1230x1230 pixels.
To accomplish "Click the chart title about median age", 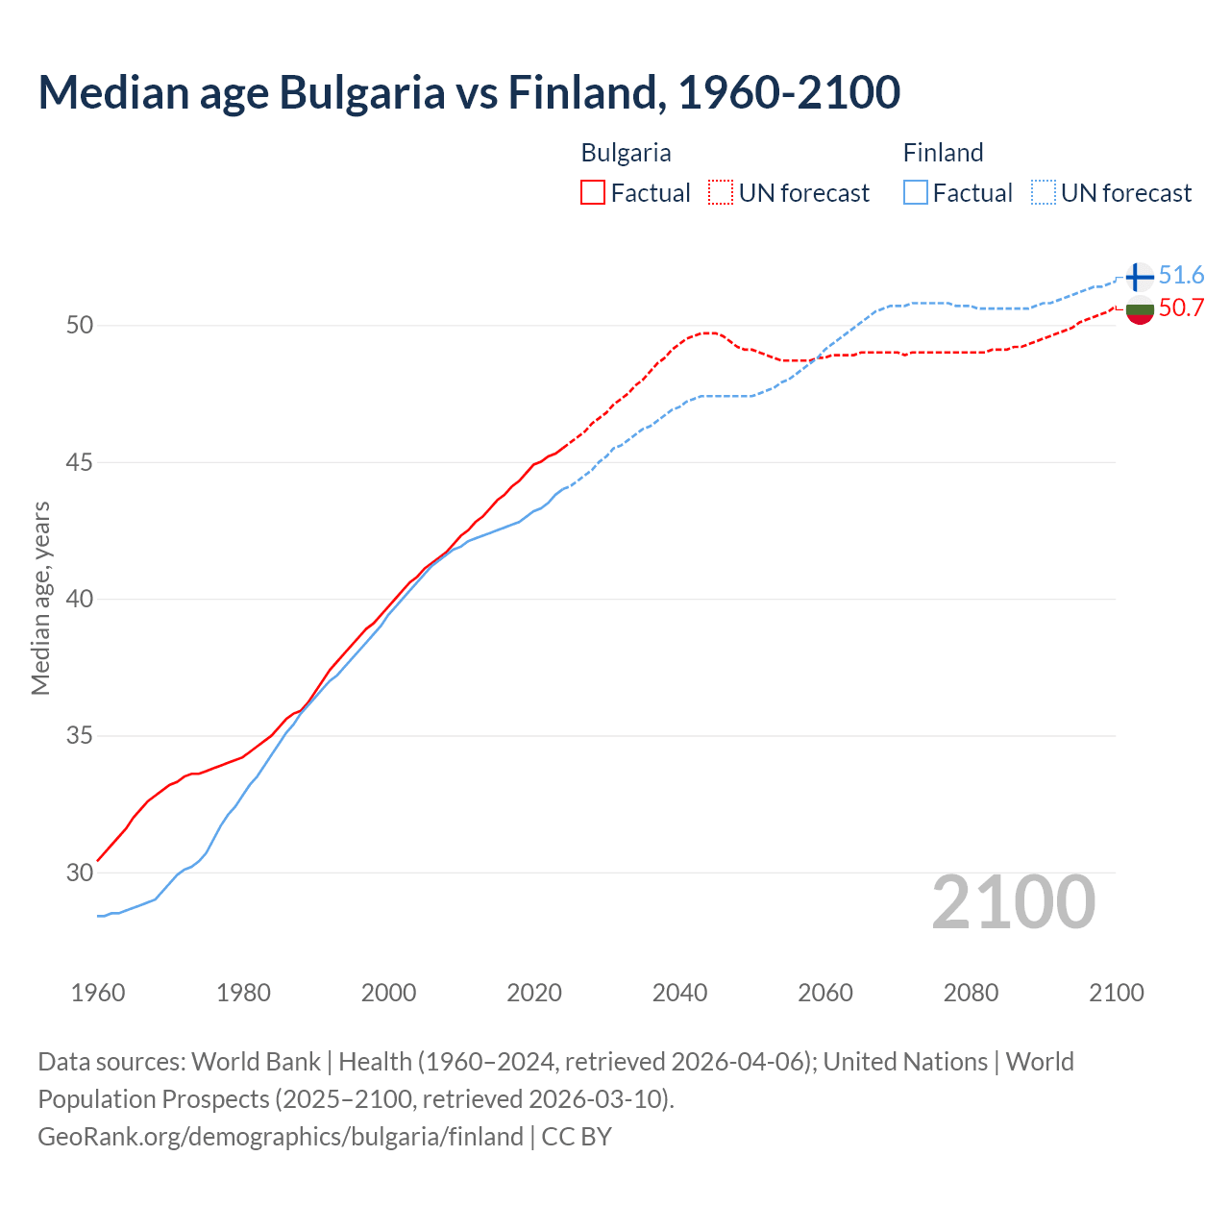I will pyautogui.click(x=469, y=93).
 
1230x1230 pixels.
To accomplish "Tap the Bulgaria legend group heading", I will pyautogui.click(x=626, y=153).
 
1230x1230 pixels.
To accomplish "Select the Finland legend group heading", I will pyautogui.click(x=943, y=153).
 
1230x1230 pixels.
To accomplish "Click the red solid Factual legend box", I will pyautogui.click(x=593, y=193).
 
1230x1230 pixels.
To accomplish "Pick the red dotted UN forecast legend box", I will pyautogui.click(x=721, y=193).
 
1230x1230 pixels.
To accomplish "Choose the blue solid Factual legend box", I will pyautogui.click(x=916, y=193).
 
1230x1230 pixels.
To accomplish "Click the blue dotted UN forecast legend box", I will pyautogui.click(x=1044, y=193).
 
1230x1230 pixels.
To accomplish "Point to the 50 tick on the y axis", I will pyautogui.click(x=80, y=325).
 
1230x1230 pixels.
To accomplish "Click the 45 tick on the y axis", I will pyautogui.click(x=80, y=462).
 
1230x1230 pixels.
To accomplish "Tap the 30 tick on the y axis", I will pyautogui.click(x=80, y=873).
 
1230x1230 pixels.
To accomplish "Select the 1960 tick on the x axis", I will pyautogui.click(x=98, y=993).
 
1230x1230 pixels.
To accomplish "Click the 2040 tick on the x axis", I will pyautogui.click(x=679, y=993).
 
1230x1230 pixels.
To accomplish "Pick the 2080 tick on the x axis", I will pyautogui.click(x=971, y=993).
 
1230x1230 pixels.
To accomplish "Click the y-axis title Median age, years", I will pyautogui.click(x=40, y=598).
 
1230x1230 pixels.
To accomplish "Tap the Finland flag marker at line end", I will pyautogui.click(x=1139, y=277).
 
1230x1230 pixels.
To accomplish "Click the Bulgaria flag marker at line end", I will pyautogui.click(x=1139, y=310).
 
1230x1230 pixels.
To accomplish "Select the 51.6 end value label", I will pyautogui.click(x=1181, y=276).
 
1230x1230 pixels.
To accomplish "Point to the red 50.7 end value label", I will pyautogui.click(x=1181, y=308).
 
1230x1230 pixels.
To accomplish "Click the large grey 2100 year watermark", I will pyautogui.click(x=1014, y=901).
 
